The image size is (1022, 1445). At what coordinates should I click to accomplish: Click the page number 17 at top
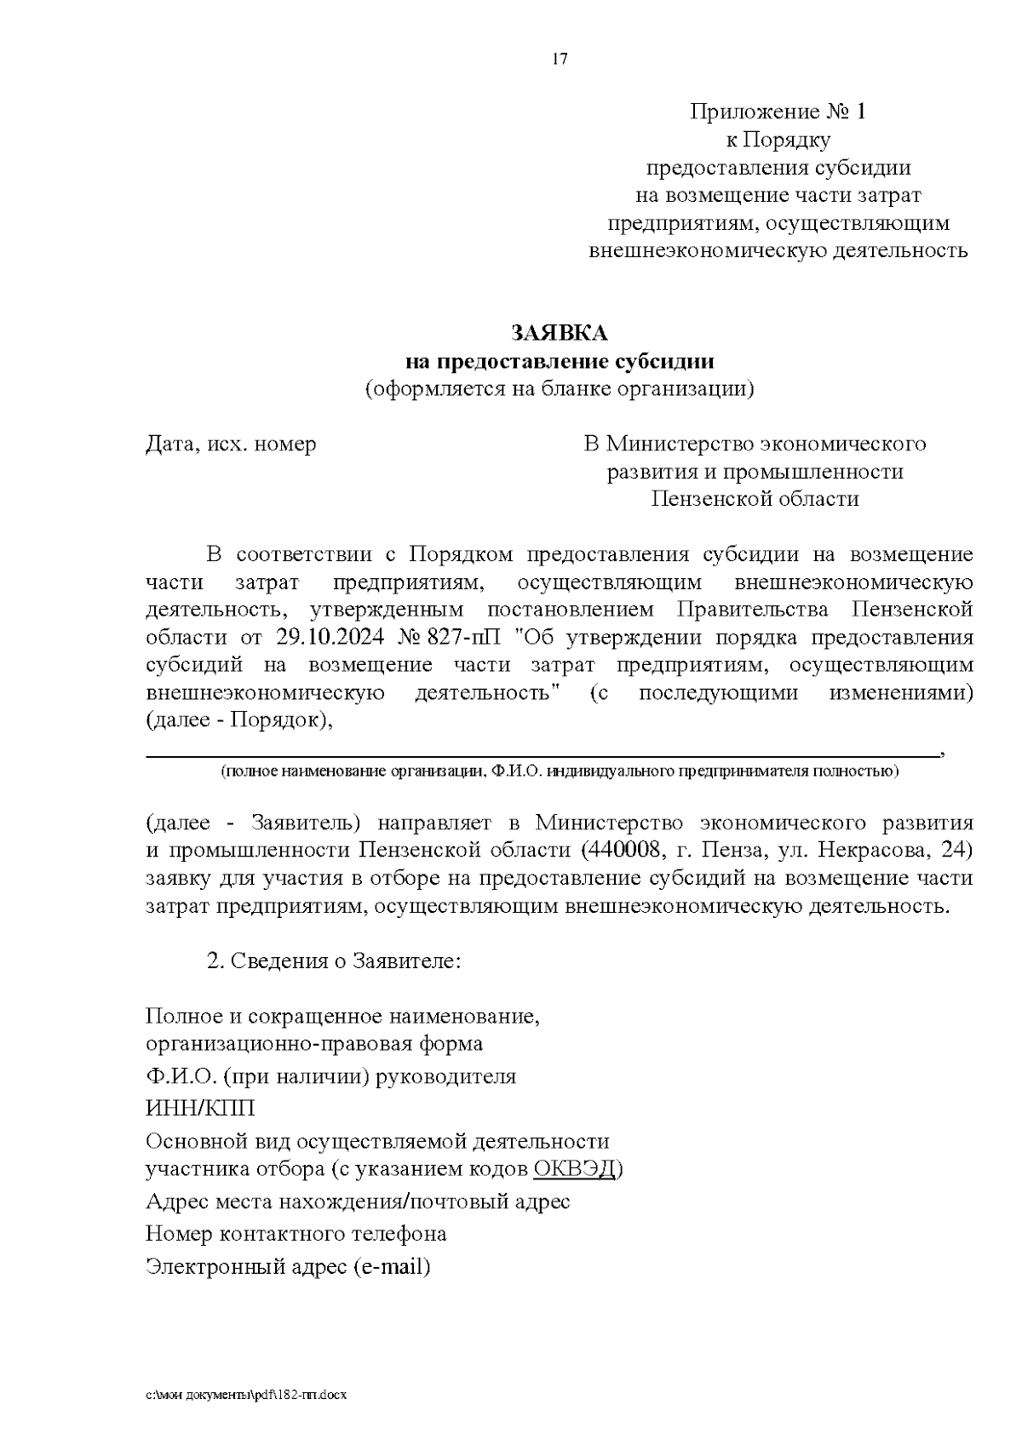560,59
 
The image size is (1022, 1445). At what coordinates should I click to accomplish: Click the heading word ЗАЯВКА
560,332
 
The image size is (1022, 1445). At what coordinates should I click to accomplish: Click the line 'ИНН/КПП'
200,1109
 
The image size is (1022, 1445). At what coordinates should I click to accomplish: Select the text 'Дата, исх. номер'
231,444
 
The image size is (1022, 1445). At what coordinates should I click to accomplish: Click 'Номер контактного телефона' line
296,1233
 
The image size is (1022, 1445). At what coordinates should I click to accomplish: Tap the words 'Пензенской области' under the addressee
755,498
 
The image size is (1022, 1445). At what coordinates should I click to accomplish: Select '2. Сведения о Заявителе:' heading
334,960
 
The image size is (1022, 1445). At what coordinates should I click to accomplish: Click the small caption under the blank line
559,771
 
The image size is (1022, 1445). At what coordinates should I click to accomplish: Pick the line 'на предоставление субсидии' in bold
560,361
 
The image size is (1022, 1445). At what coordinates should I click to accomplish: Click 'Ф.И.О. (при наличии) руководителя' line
330,1075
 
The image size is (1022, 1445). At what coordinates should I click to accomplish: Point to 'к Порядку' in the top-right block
777,139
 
